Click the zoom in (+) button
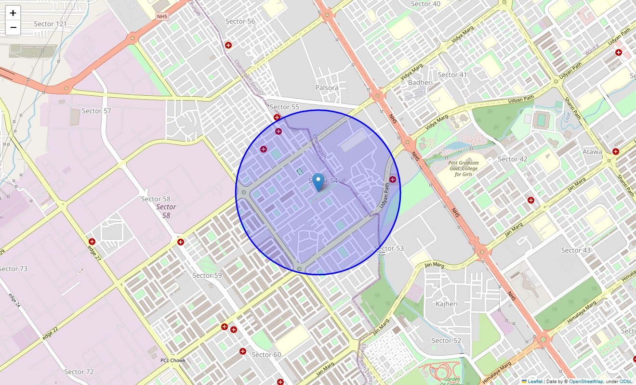coord(13,13)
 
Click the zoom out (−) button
coord(13,27)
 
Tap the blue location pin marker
coord(318,182)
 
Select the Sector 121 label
coord(50,24)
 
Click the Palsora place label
coord(327,88)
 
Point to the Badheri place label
coord(420,82)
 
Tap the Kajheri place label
coord(446,304)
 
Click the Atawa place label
coord(592,152)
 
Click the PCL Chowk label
coord(173,360)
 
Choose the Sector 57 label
coord(96,111)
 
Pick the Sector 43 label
coord(576,250)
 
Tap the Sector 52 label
coord(446,341)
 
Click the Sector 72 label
coord(79,372)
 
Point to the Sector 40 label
coord(425,4)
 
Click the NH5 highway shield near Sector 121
coord(162,17)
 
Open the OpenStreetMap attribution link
coord(586,382)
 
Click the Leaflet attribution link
coord(534,382)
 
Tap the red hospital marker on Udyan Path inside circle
coord(393,180)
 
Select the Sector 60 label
coord(266,355)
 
